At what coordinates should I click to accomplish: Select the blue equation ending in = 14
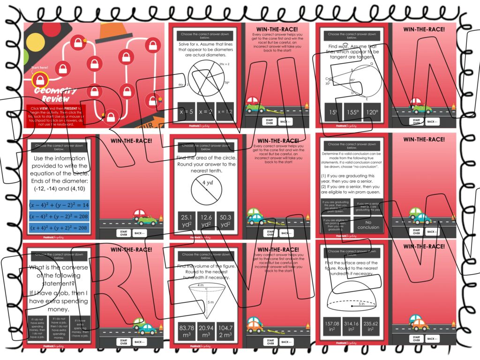click(x=59, y=204)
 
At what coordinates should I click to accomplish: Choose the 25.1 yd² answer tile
click(x=187, y=221)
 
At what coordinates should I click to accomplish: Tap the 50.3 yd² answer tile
click(x=225, y=221)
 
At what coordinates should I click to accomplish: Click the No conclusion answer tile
click(x=368, y=225)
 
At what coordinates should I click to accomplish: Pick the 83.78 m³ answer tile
click(x=187, y=330)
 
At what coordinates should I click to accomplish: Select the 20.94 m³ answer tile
click(x=206, y=330)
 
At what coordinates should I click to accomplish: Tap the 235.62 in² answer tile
click(x=374, y=326)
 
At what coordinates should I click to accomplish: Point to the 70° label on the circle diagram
click(x=226, y=83)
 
